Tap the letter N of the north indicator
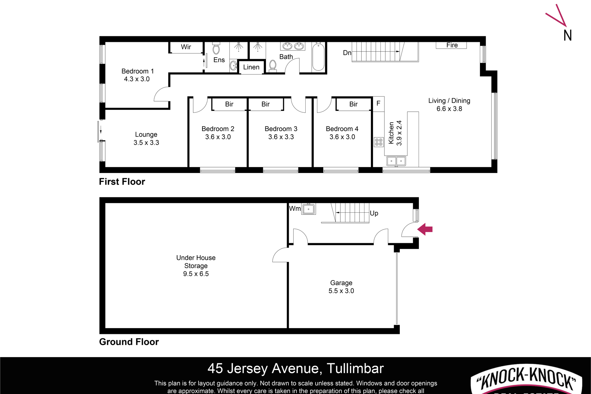(568, 35)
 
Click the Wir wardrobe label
(186, 47)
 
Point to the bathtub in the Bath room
(318, 57)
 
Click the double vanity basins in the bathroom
(293, 46)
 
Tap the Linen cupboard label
(251, 67)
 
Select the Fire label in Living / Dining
(452, 45)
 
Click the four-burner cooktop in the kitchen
(379, 142)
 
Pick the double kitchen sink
(396, 161)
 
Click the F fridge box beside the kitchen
(378, 103)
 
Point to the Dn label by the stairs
(347, 53)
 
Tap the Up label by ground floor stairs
(374, 213)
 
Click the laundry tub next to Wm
(308, 209)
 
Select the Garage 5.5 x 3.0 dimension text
(341, 291)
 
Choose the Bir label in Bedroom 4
(353, 104)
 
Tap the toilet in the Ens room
(216, 49)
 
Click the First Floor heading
(122, 182)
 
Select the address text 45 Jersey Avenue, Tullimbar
(295, 368)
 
